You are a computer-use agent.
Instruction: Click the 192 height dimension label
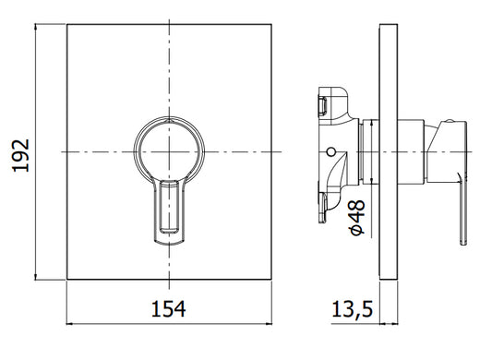21,156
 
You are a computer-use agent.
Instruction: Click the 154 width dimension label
169,309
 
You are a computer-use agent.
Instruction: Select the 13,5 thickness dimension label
352,309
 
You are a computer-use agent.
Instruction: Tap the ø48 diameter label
357,217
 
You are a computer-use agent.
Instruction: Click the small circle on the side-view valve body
330,152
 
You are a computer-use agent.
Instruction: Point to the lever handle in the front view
169,211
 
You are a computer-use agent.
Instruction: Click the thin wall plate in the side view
389,152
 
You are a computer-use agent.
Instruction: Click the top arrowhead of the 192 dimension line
35,28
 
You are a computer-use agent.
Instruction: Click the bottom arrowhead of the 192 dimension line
35,276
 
